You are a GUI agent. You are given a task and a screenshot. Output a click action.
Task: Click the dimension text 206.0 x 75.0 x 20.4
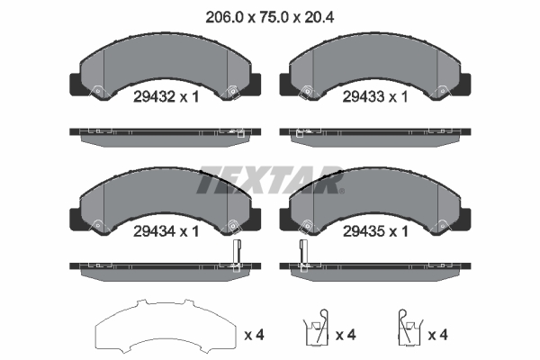coord(269,14)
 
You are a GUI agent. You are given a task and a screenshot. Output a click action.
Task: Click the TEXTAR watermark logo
coord(270,178)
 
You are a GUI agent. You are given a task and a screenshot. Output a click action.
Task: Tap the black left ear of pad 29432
coord(76,83)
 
